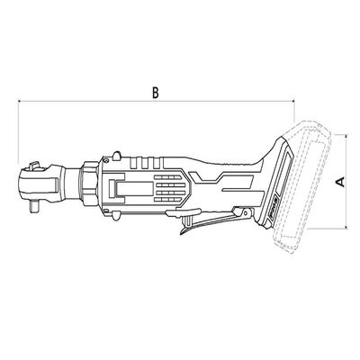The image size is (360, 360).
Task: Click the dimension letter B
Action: (x=155, y=93)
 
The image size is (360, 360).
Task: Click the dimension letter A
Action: (x=340, y=182)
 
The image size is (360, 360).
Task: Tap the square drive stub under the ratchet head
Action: (x=34, y=207)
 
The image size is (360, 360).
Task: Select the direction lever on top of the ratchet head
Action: (x=33, y=166)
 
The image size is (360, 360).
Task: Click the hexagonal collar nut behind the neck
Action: (x=89, y=184)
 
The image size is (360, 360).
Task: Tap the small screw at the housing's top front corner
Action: (x=105, y=159)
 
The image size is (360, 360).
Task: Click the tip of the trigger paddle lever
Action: (x=182, y=232)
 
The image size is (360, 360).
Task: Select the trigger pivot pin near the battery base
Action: (x=246, y=213)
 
